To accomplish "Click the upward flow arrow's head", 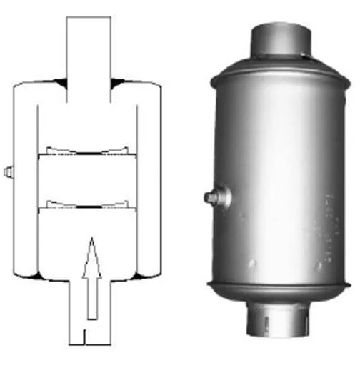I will pyautogui.click(x=91, y=253).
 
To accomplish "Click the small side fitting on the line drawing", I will pyautogui.click(x=7, y=171).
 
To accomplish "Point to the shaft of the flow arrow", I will pyautogui.click(x=91, y=293).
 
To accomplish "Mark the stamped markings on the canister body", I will pyautogui.click(x=329, y=222).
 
